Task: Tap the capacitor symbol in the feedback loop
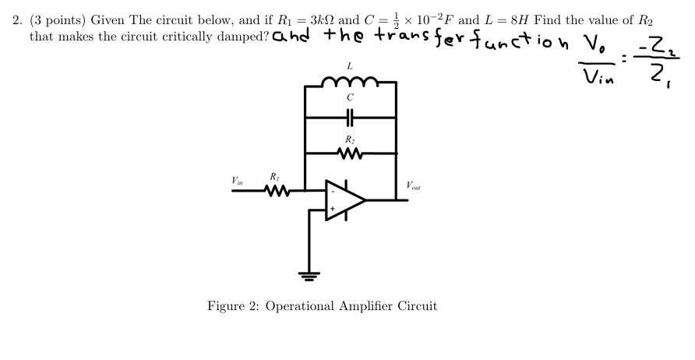pyautogui.click(x=351, y=118)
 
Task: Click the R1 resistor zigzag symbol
pyautogui.click(x=278, y=189)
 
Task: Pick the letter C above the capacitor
pyautogui.click(x=351, y=98)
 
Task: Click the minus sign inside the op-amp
pyautogui.click(x=333, y=191)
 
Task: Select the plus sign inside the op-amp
pyautogui.click(x=333, y=210)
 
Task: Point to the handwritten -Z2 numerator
pyautogui.click(x=659, y=51)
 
